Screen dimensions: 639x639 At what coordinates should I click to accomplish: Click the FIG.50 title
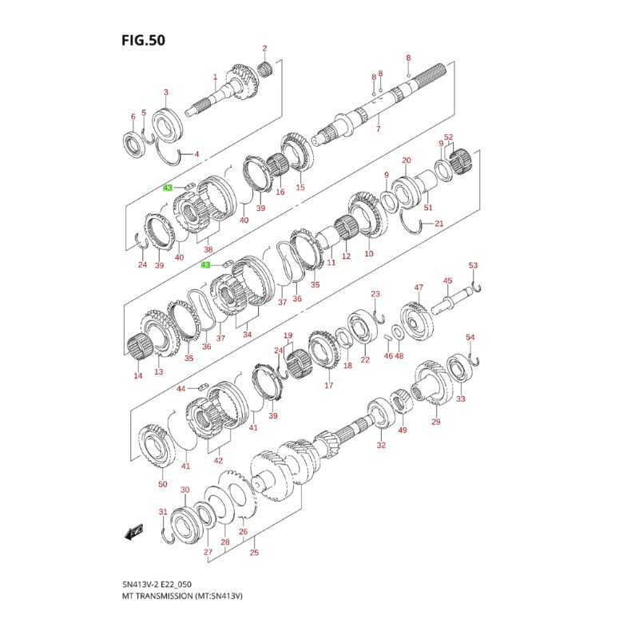[144, 40]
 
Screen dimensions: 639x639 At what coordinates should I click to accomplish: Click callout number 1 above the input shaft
[215, 77]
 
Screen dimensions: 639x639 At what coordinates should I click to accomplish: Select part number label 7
[378, 129]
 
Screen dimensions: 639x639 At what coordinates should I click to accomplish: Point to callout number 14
[138, 375]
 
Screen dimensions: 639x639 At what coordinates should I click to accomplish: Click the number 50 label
[162, 485]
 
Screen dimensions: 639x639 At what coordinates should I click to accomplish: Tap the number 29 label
[435, 422]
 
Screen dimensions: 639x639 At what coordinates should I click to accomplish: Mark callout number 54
[470, 338]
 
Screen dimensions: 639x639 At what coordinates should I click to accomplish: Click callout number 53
[473, 265]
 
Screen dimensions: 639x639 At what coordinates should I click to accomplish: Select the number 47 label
[418, 288]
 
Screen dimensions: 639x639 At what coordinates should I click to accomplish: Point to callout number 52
[449, 137]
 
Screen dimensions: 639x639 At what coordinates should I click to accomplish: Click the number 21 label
[439, 224]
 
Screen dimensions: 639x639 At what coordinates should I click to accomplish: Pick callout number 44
[181, 388]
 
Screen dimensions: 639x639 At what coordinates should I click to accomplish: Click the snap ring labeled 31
[167, 536]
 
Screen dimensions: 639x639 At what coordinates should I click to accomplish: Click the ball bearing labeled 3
[169, 124]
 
